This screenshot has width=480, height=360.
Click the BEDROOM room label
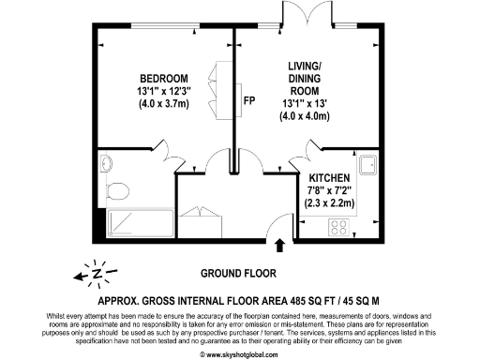click(x=164, y=78)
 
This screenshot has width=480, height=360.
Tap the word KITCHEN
click(x=329, y=177)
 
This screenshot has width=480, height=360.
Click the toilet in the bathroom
click(x=117, y=191)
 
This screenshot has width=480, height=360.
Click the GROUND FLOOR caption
click(x=238, y=274)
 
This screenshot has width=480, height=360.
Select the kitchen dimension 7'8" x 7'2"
click(x=329, y=189)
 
